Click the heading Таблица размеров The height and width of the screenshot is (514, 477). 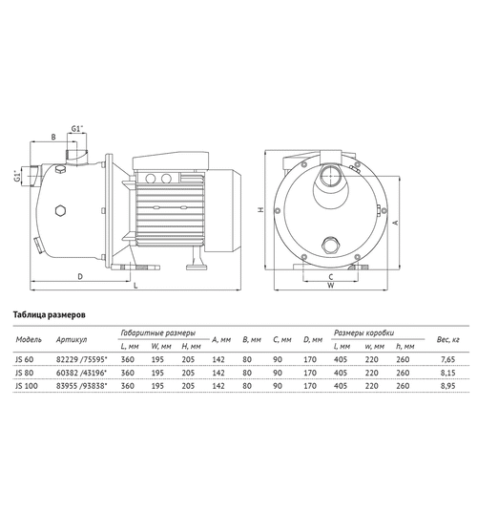tap(49, 314)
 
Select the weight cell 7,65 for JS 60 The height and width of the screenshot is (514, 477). tap(447, 359)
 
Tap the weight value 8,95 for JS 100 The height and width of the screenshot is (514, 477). tap(447, 386)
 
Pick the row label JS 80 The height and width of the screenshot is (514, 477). tap(24, 373)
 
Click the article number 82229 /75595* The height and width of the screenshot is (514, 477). tap(81, 359)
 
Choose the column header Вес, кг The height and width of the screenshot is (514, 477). tap(447, 339)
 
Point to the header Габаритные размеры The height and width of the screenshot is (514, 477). tap(158, 333)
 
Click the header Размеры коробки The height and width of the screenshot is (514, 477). tap(363, 333)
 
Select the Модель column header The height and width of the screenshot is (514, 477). tap(29, 339)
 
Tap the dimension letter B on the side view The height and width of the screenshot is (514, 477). tap(53, 137)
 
